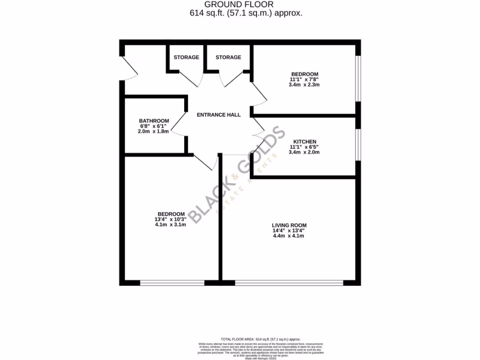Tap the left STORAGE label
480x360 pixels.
click(x=186, y=57)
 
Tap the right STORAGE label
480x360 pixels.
click(x=228, y=57)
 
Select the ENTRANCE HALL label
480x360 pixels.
click(x=218, y=115)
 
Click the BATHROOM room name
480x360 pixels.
click(x=154, y=121)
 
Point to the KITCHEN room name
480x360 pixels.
click(x=305, y=142)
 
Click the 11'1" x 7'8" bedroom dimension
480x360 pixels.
click(x=305, y=80)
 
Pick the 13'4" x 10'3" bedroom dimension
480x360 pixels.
click(x=171, y=219)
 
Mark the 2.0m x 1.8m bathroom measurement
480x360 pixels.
click(x=154, y=132)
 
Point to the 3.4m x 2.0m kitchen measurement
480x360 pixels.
click(x=305, y=152)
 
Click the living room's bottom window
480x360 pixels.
click(x=289, y=283)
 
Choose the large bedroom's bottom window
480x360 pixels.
click(x=172, y=283)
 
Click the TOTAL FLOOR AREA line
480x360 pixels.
click(x=260, y=339)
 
